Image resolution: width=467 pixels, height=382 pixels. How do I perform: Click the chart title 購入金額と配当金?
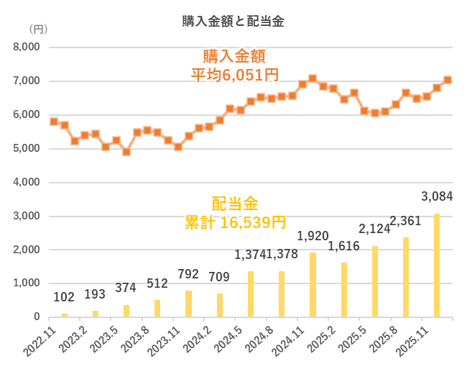(x=233, y=22)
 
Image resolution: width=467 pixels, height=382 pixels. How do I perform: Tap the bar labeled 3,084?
(x=436, y=265)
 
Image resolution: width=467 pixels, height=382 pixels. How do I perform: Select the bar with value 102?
(x=64, y=315)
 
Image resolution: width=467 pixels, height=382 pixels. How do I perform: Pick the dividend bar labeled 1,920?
(x=313, y=285)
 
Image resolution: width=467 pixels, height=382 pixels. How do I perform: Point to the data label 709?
(x=219, y=276)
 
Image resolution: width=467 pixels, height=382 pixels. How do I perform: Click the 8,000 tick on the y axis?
(x=26, y=47)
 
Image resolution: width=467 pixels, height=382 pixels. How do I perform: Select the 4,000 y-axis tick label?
(x=26, y=183)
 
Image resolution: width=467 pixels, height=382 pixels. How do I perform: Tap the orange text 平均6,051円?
(x=234, y=73)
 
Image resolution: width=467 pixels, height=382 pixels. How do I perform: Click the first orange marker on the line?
(x=54, y=122)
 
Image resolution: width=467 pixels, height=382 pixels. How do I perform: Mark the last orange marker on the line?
(x=448, y=80)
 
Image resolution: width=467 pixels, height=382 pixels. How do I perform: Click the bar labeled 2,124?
(x=374, y=281)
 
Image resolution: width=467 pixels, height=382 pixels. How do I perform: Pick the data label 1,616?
(x=343, y=247)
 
